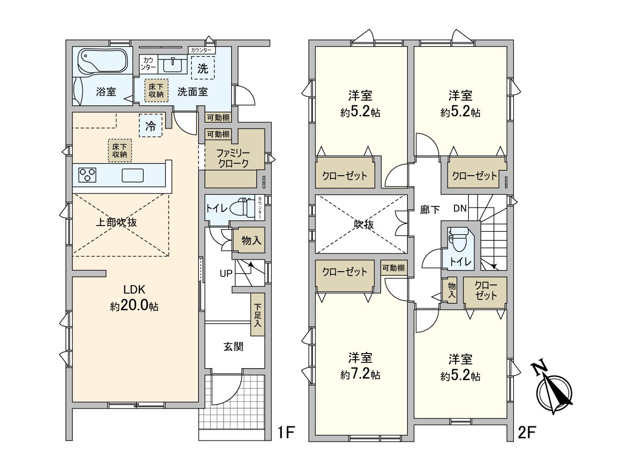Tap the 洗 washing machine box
[x=203, y=68]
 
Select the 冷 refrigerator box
[x=151, y=125]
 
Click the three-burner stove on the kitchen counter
[x=87, y=175]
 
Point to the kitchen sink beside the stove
[x=133, y=175]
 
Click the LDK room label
[x=134, y=289]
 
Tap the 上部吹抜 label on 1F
[x=116, y=222]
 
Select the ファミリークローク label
[x=233, y=158]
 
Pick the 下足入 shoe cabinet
[x=257, y=315]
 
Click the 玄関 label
[x=233, y=347]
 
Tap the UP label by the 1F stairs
[x=226, y=274]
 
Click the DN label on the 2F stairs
[x=460, y=208]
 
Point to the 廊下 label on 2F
[x=430, y=210]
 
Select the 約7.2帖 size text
[x=360, y=375]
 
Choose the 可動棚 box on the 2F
[x=394, y=268]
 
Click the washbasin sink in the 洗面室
[x=172, y=65]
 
